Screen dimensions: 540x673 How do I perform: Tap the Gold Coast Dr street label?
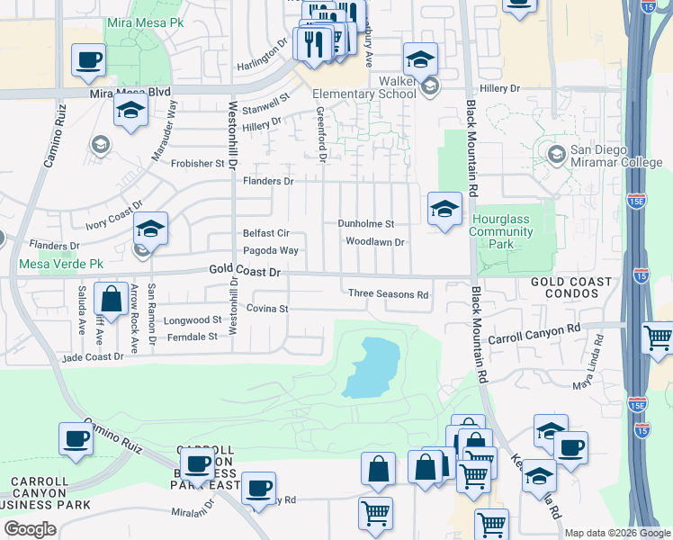(x=246, y=270)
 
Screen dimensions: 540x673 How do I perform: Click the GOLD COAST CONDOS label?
(x=571, y=288)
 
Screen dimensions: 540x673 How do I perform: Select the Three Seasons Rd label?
(x=388, y=294)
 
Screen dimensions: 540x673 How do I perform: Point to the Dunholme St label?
(x=365, y=223)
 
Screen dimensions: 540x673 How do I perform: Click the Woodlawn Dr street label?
(x=376, y=241)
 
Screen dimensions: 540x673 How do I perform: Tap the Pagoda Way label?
(x=270, y=250)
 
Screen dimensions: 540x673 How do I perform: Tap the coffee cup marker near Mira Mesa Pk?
(x=89, y=60)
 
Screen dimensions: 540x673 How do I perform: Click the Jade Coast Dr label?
(x=92, y=357)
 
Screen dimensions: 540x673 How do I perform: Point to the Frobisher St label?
(x=199, y=164)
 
